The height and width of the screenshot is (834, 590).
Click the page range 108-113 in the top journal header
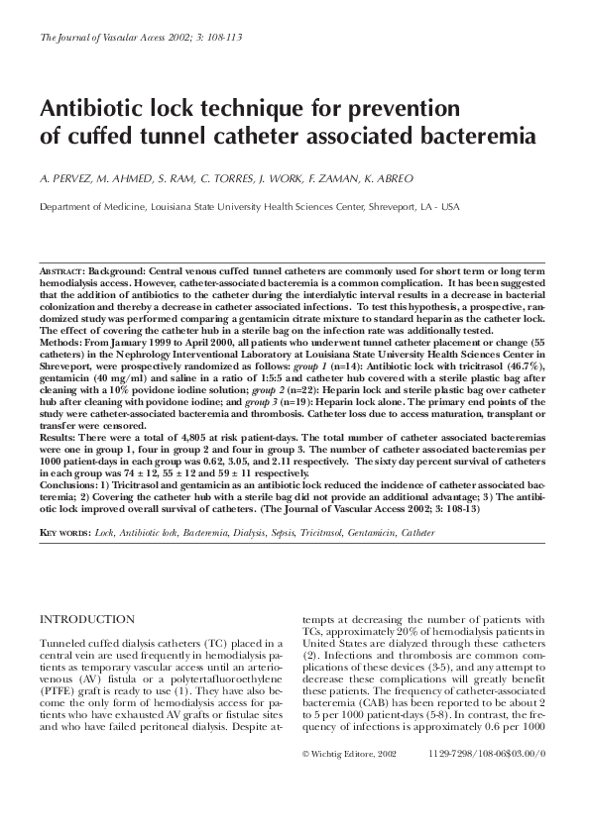point(220,37)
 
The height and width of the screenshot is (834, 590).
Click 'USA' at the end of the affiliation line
point(449,207)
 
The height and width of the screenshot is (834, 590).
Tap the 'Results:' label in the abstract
point(58,436)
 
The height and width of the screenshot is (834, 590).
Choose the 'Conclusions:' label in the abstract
point(68,484)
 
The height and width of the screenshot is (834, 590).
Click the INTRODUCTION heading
point(86,619)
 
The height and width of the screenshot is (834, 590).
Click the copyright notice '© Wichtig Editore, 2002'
point(348,754)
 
